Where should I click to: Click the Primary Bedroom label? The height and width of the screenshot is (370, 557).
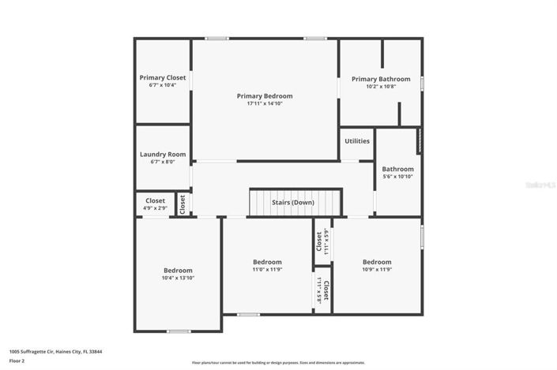[264, 95]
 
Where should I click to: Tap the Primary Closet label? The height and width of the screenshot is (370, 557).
[162, 77]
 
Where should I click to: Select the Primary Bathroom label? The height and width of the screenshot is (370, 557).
[381, 79]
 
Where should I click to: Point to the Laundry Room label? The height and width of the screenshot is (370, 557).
[162, 154]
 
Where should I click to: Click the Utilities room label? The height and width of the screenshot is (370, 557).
[357, 141]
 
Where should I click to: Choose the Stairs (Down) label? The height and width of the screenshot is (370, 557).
[293, 203]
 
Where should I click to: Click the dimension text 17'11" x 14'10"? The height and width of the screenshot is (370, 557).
[264, 103]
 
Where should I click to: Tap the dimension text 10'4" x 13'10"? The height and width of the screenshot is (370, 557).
[178, 278]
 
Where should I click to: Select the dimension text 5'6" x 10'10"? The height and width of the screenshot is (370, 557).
[397, 176]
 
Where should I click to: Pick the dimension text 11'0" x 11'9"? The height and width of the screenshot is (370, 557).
[267, 269]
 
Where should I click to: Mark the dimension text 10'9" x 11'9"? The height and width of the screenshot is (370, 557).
[376, 269]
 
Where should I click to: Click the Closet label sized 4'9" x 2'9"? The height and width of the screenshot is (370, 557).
[155, 200]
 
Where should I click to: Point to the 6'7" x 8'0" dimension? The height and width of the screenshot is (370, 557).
[162, 162]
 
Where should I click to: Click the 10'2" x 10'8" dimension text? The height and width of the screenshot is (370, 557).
[381, 87]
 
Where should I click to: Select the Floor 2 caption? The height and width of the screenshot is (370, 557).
[17, 361]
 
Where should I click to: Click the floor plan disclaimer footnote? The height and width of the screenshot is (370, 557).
[278, 363]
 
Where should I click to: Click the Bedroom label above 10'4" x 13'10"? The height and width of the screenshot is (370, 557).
[178, 270]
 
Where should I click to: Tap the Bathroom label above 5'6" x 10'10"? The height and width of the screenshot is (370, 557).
[397, 168]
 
